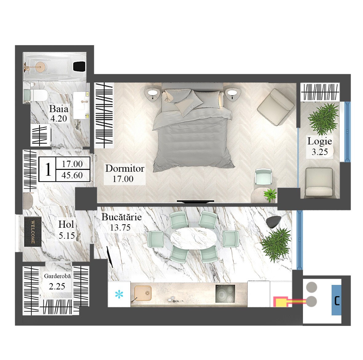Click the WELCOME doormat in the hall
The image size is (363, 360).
33,232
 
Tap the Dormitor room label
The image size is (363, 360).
125,168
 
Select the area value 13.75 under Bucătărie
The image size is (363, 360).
120,228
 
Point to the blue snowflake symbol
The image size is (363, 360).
119,294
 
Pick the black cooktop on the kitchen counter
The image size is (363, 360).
225,294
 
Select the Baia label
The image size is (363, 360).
58,109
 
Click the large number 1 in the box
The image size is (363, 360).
48,169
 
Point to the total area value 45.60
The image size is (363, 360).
72,175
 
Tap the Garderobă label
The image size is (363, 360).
57,276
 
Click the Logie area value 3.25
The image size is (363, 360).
320,152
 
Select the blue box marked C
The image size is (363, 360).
337,300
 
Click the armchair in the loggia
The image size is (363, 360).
319,182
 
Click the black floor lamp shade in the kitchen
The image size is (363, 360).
274,222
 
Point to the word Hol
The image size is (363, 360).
66,224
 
